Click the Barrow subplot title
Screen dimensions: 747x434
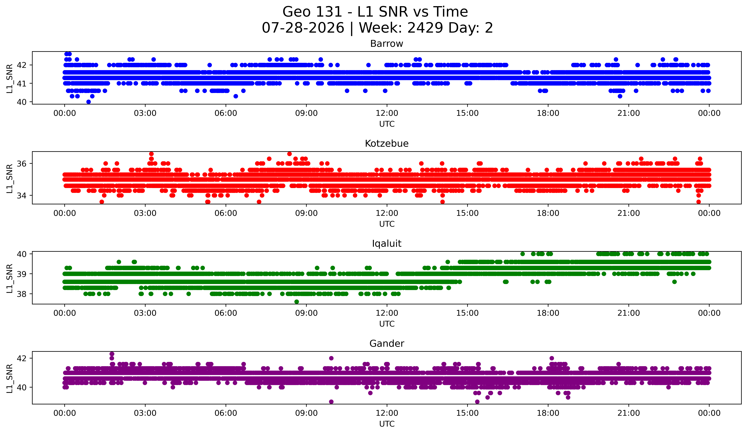[387, 44]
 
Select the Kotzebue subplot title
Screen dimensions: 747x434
[387, 144]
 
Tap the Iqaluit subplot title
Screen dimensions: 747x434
[387, 244]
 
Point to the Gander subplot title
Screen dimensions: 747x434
[387, 344]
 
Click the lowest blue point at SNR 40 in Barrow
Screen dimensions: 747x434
[88, 102]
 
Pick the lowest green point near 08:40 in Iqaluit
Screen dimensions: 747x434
[296, 302]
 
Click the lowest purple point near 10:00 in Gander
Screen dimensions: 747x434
[331, 402]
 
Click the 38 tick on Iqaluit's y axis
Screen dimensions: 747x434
[21, 294]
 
